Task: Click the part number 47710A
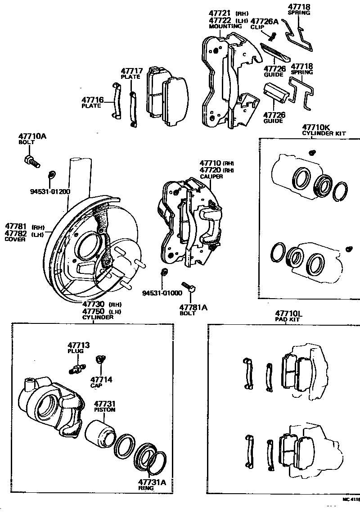pos(32,136)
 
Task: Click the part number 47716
pos(93,100)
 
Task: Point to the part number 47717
pos(131,71)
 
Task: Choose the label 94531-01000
pos(162,292)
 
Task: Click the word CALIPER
pos(211,176)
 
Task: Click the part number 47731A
pos(152,482)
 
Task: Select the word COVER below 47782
pos(15,240)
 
